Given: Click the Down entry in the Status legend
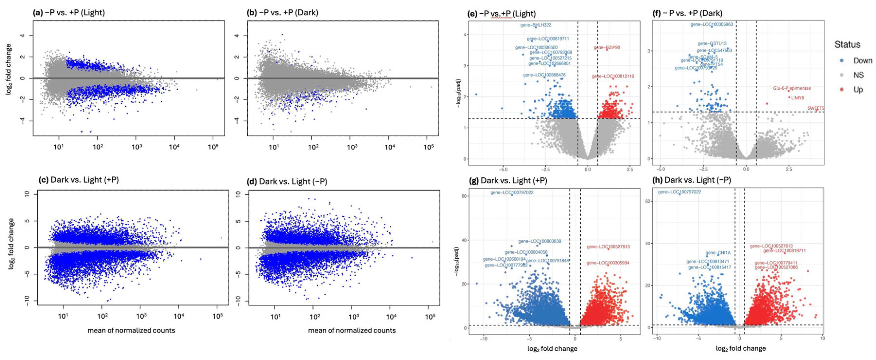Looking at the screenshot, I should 862,61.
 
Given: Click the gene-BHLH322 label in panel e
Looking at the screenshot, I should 536,25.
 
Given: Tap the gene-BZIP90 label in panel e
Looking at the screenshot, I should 607,48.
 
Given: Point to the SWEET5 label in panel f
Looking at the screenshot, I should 816,108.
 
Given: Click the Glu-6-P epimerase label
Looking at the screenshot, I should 792,88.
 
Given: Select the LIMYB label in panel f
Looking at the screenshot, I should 797,97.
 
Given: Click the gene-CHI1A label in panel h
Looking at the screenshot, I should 718,253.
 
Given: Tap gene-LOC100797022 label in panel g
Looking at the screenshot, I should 512,193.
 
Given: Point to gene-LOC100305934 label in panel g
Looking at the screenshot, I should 608,263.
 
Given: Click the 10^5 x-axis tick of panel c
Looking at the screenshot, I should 217,316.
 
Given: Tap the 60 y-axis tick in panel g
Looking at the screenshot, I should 464,196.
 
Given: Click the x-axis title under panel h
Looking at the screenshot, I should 741,348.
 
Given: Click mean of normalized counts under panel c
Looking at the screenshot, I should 131,330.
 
